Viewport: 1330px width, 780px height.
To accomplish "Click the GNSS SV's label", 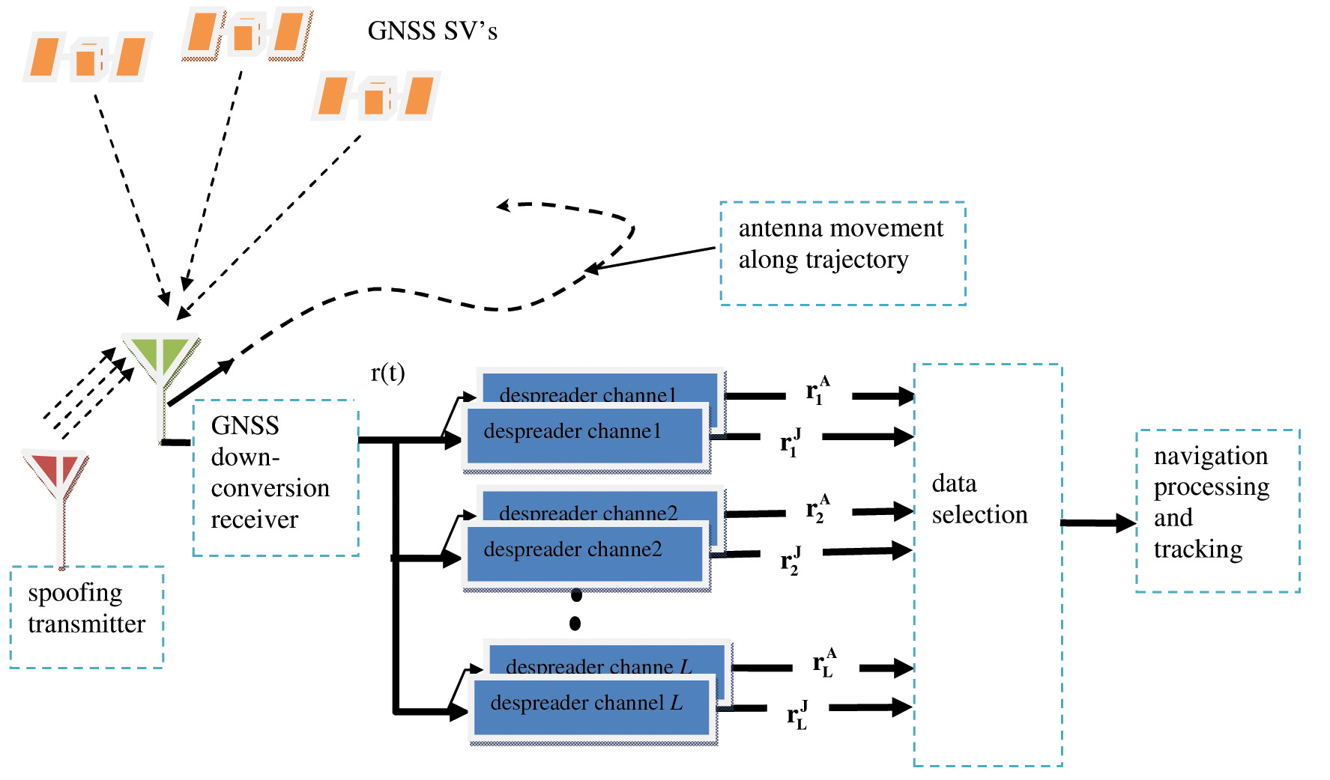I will point(432,31).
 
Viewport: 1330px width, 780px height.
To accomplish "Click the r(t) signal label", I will point(387,372).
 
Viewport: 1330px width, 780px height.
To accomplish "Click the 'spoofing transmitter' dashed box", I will point(87,616).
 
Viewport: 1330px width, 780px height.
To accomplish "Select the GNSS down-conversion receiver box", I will point(276,478).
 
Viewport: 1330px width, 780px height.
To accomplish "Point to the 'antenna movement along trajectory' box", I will point(842,253).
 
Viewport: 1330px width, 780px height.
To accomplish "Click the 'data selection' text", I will point(979,499).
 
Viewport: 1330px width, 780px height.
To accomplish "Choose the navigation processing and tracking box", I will point(1217,511).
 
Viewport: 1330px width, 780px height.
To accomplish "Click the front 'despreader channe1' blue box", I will point(584,436).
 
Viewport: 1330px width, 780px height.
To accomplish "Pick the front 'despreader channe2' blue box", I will point(584,555).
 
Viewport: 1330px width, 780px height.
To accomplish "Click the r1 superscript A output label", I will point(817,391).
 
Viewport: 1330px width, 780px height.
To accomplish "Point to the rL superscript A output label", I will point(824,663).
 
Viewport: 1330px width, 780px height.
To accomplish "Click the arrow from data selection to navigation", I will point(1098,523).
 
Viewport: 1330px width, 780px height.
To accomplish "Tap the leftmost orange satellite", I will point(87,58).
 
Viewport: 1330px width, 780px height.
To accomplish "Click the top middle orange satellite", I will point(246,34).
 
